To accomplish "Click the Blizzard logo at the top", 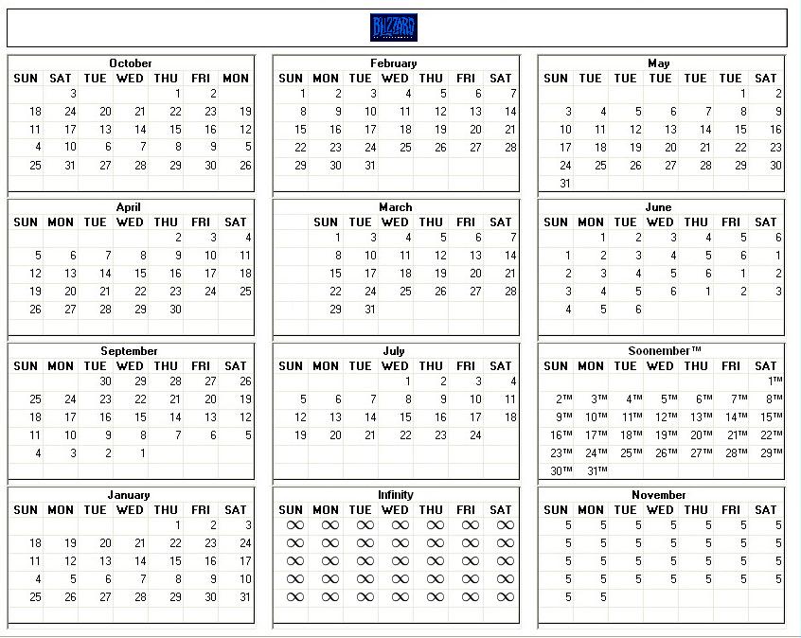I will pyautogui.click(x=393, y=27).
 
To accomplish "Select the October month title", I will pyautogui.click(x=131, y=63).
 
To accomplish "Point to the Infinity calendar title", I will pyautogui.click(x=395, y=495).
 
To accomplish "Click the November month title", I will pyautogui.click(x=659, y=495).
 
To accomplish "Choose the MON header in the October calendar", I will pyautogui.click(x=235, y=79).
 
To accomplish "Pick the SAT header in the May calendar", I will pyautogui.click(x=766, y=79).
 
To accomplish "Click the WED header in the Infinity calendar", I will pyautogui.click(x=395, y=510).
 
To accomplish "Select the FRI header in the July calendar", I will pyautogui.click(x=466, y=366).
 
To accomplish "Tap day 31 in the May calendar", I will pyautogui.click(x=565, y=184).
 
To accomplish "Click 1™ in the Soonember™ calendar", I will pyautogui.click(x=774, y=381).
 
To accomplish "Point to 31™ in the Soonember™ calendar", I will pyautogui.click(x=596, y=471).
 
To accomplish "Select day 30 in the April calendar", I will pyautogui.click(x=175, y=310).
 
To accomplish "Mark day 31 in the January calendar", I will pyautogui.click(x=245, y=597).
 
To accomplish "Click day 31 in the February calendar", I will pyautogui.click(x=370, y=166).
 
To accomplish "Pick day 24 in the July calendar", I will pyautogui.click(x=475, y=435).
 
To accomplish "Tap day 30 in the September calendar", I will pyautogui.click(x=105, y=381).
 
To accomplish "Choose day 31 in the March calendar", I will pyautogui.click(x=370, y=310).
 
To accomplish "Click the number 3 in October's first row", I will pyautogui.click(x=73, y=94).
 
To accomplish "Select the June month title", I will pyautogui.click(x=659, y=207).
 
